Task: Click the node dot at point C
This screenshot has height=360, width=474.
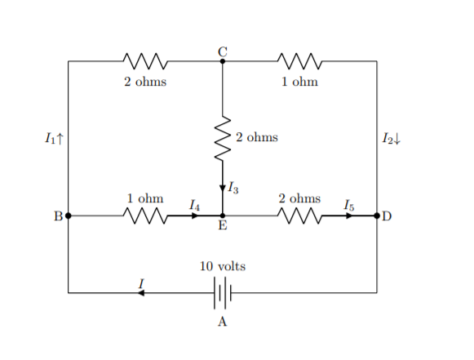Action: point(223,61)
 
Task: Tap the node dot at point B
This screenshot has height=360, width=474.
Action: point(69,216)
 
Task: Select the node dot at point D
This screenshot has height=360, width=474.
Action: point(377,216)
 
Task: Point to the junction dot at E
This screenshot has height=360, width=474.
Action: point(223,216)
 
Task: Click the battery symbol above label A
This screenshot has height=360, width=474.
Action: point(223,293)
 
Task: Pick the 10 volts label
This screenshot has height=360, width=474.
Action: point(223,266)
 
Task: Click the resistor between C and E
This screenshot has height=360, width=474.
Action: point(223,138)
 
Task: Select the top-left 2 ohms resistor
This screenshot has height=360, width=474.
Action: point(145,61)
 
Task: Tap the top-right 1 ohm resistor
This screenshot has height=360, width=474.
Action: point(299,61)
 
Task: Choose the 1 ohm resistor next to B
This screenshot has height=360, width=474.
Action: point(145,216)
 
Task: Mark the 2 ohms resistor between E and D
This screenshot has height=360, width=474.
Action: point(299,216)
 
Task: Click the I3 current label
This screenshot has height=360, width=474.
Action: point(233,188)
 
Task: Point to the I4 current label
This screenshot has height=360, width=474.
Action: point(194,205)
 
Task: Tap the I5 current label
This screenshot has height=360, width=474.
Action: point(349,205)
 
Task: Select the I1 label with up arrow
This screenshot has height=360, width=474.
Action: point(55,139)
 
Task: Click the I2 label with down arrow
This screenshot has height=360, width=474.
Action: point(392,139)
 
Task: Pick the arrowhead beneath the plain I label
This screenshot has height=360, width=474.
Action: point(141,293)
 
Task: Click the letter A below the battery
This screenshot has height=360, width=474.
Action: point(222,322)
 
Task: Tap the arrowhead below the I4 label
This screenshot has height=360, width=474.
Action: point(195,216)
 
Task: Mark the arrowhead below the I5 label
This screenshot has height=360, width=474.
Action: point(349,216)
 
